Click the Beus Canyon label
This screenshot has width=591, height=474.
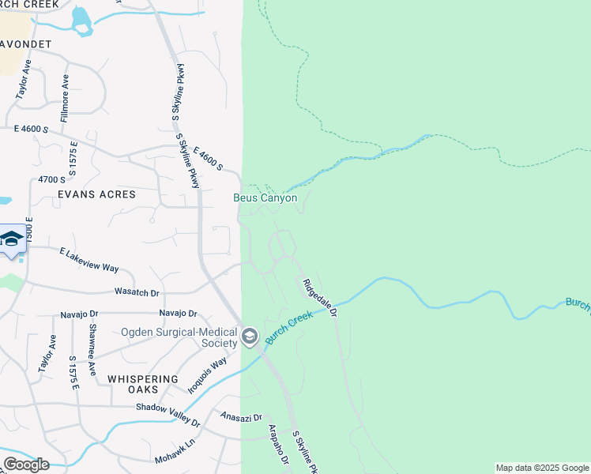pos(265,197)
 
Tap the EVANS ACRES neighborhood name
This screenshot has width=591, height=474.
pos(96,194)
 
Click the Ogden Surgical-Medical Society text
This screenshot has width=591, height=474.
pos(179,337)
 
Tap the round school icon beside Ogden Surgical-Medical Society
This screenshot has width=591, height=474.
pos(250,337)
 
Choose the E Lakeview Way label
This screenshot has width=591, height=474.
pos(89,258)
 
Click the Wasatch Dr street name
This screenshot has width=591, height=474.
pos(137,292)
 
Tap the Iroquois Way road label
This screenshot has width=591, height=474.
pos(208,375)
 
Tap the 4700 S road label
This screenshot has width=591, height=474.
pos(53,179)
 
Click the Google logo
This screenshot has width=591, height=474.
pos(26,465)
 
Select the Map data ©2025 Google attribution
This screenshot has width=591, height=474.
pos(542,468)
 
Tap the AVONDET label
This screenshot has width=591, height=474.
pos(25,44)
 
